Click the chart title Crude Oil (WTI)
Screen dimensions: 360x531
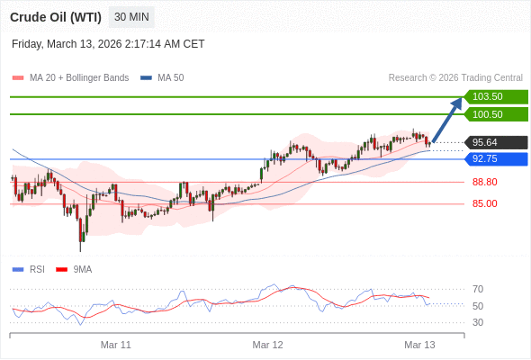point(56,17)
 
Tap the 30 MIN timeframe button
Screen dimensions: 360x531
point(131,17)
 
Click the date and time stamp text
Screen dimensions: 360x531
point(108,43)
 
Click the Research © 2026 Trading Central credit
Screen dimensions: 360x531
point(455,77)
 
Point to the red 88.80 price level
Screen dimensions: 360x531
point(484,182)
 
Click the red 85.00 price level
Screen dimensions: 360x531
point(484,203)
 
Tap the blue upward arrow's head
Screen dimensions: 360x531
point(457,103)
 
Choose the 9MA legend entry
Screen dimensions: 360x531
point(82,269)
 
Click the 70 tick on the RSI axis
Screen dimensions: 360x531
point(478,289)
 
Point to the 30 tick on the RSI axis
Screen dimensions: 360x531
point(478,322)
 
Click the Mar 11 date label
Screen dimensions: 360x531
point(115,345)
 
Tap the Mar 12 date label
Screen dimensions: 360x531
point(267,345)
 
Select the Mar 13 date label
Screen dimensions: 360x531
point(419,345)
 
